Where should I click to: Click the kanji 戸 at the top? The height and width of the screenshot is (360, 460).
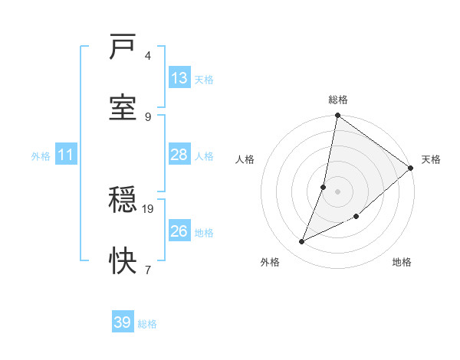point(123,47)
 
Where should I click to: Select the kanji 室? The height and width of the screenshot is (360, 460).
point(123,106)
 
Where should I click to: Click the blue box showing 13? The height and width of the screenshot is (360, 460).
point(179,78)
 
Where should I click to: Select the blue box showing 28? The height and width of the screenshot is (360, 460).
point(179,155)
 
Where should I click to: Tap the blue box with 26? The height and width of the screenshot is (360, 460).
point(179,231)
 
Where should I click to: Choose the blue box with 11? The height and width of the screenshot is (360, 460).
point(66,155)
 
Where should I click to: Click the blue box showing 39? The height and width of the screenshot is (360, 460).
point(122,322)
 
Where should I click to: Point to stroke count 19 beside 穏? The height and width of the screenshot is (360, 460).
point(149,208)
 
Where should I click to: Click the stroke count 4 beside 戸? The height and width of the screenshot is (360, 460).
point(148,56)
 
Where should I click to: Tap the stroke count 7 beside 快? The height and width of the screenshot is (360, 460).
point(148,269)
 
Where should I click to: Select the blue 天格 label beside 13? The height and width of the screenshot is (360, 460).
point(204,79)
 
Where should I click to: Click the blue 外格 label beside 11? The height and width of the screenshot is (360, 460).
point(41,156)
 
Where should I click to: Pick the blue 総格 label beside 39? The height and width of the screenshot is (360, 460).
point(147,324)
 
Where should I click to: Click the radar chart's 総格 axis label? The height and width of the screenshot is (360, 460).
point(338,100)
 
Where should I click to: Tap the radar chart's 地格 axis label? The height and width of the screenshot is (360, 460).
point(402,263)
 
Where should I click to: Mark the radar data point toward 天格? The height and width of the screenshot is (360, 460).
point(410,168)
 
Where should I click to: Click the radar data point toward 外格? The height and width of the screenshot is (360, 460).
point(302,242)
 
